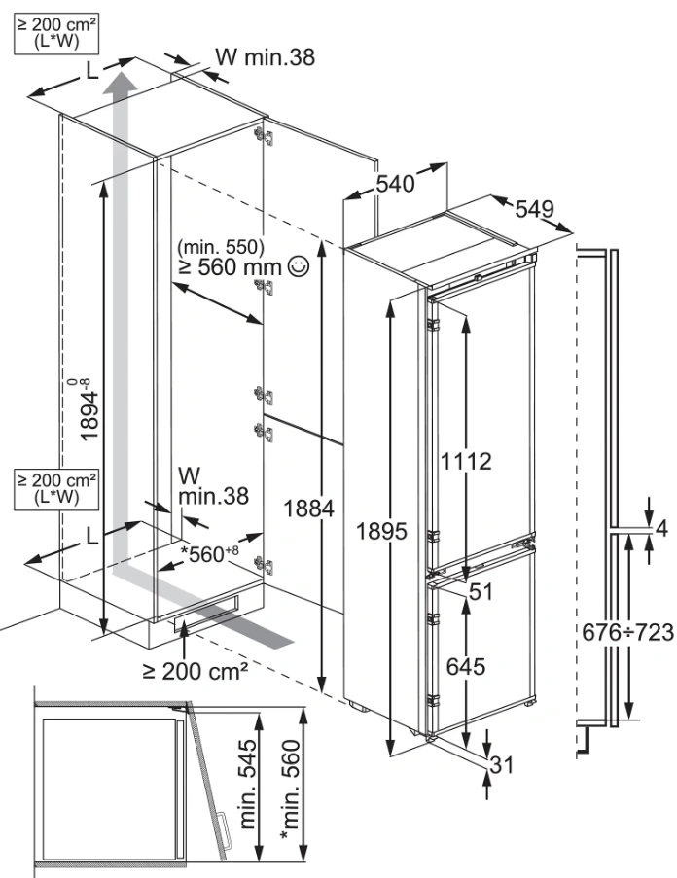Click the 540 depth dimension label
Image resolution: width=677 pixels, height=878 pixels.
coord(396,182)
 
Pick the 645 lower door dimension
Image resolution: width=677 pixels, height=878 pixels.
coord(464,666)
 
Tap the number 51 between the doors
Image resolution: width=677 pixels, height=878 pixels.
coord(480,591)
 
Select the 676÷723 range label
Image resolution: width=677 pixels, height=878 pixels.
coord(627,632)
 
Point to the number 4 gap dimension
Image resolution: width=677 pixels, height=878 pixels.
coord(661,529)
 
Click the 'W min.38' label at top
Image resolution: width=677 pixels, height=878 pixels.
coord(265,57)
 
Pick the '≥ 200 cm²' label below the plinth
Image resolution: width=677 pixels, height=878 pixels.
coord(195,670)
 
